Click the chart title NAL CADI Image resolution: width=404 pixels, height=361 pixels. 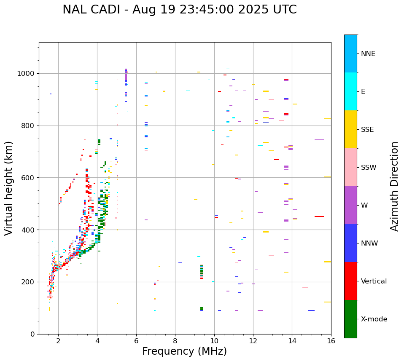pos(179,10)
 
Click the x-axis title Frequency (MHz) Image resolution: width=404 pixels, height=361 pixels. pos(184,351)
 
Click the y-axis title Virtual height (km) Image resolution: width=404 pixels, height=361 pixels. pos(9,188)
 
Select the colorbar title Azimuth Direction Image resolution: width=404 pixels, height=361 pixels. pos(394,186)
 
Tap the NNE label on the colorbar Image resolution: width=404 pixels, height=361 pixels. pos(368,54)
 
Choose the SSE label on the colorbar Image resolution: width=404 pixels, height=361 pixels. pos(367,130)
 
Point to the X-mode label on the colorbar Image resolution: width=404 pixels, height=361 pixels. pos(374,319)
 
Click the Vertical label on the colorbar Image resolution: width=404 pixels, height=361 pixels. pos(374,281)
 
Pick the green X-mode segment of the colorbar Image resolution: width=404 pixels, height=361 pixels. pos(350,319)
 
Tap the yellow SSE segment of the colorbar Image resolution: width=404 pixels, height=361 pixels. pos(350,129)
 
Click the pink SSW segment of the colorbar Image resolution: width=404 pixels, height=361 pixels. pos(350,167)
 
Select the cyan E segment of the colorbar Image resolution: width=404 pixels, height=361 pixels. pos(350,91)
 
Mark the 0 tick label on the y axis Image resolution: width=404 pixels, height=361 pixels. pos(32,334)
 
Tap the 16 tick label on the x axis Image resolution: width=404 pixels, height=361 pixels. pos(331,341)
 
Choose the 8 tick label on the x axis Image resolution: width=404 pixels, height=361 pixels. pos(175,341)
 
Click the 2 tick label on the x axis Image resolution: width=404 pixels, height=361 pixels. pos(58,341)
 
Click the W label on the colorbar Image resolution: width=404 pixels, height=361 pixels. pos(364,206)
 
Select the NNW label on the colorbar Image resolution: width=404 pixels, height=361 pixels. pos(369,243)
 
